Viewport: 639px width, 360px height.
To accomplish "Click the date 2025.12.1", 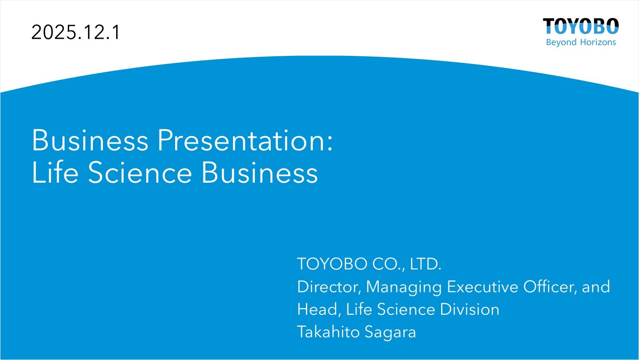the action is (76, 32).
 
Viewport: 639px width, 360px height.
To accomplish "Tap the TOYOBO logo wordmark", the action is (581, 26).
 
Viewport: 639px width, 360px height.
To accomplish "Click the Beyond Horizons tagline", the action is (581, 42).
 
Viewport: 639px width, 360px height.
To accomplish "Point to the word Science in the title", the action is (140, 172).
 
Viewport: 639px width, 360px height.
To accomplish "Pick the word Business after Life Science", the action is (260, 172).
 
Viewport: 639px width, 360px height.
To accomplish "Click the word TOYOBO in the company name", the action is (332, 264).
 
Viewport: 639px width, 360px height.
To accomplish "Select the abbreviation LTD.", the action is (426, 264).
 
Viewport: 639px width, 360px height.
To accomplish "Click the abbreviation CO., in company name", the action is (389, 264).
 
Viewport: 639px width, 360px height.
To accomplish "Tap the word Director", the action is (329, 287).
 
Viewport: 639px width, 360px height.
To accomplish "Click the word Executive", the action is (482, 287).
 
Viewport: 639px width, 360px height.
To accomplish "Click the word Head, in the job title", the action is (319, 310).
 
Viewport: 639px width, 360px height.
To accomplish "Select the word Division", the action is (469, 309).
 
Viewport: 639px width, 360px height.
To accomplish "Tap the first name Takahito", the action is (328, 332).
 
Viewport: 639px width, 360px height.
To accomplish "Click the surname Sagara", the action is (390, 333).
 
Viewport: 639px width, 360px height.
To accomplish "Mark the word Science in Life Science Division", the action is (406, 309).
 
